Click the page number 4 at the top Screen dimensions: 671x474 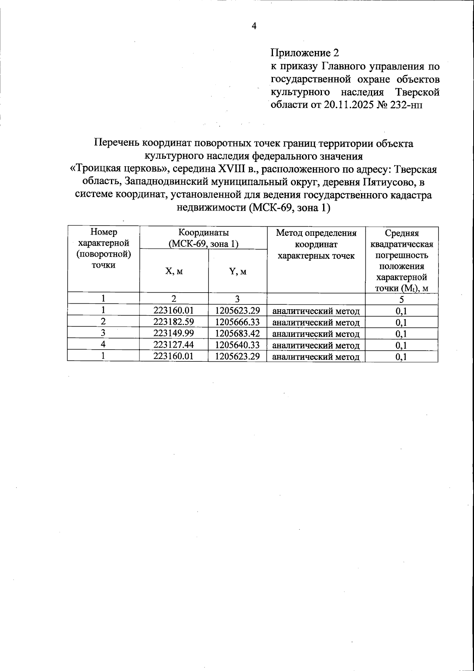pyautogui.click(x=254, y=26)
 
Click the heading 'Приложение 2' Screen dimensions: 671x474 pyautogui.click(x=305, y=53)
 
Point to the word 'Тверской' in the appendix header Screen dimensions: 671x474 pyautogui.click(x=417, y=92)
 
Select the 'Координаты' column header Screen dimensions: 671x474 pyautogui.click(x=203, y=233)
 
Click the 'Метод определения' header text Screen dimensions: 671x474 pyautogui.click(x=316, y=233)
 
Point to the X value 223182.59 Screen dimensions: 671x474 pyautogui.click(x=174, y=322)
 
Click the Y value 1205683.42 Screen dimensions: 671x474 pyautogui.click(x=237, y=334)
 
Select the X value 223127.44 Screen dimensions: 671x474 pyautogui.click(x=174, y=345)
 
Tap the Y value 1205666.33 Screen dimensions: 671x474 pyautogui.click(x=237, y=322)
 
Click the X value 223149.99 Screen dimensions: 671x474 pyautogui.click(x=174, y=334)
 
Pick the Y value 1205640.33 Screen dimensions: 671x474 pyautogui.click(x=237, y=345)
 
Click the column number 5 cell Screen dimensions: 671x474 pyautogui.click(x=401, y=299)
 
